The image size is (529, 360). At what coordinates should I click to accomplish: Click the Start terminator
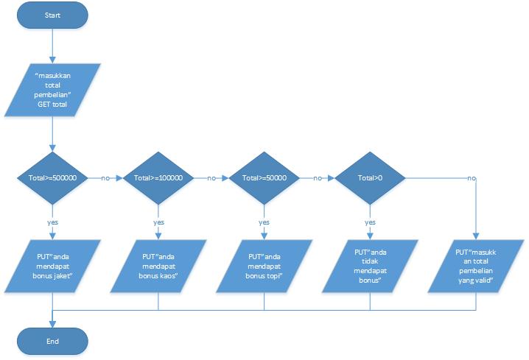52,15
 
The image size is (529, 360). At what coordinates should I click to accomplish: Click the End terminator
52,341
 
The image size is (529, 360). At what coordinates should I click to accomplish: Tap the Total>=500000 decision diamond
52,178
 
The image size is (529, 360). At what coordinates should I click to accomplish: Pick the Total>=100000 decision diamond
158,178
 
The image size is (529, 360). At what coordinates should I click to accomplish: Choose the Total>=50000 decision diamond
264,178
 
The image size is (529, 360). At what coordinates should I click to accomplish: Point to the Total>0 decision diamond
370,178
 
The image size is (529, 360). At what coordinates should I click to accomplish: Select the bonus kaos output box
159,264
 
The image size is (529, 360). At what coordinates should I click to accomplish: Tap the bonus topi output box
264,264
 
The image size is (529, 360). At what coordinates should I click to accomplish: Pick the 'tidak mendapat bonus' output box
370,264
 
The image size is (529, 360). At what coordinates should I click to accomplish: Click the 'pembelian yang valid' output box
474,265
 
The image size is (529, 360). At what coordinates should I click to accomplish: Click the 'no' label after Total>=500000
105,178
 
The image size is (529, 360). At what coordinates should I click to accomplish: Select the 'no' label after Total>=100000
211,178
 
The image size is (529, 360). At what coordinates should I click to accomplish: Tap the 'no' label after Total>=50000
317,178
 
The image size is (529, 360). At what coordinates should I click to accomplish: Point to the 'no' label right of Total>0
471,178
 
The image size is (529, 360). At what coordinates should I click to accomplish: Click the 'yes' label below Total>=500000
52,222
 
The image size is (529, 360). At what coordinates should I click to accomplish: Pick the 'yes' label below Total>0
370,222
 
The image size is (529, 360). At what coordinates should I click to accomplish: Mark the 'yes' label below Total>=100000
158,222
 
